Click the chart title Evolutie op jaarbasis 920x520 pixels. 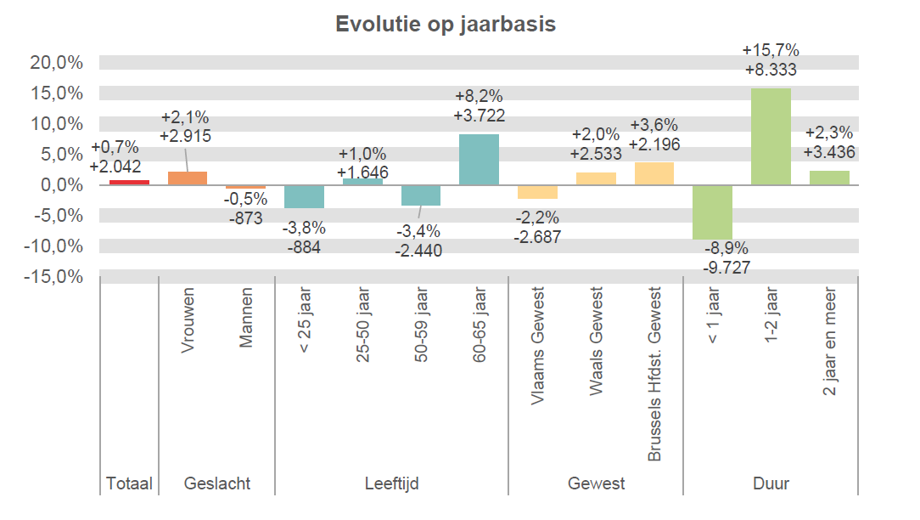tap(446, 24)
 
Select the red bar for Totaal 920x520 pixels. tap(129, 182)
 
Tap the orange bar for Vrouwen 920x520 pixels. tap(188, 178)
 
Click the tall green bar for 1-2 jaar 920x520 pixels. tap(771, 136)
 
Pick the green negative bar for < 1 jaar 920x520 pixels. tap(712, 212)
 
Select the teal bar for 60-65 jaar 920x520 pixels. tap(479, 160)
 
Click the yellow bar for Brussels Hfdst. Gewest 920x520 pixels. tap(654, 173)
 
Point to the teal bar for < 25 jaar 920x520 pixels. tap(304, 196)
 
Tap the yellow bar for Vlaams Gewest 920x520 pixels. tap(537, 191)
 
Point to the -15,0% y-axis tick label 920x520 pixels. tap(58, 277)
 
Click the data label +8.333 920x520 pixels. tap(771, 70)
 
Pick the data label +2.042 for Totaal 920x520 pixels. tap(115, 166)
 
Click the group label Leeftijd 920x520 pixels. tap(391, 483)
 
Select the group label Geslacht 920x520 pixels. tap(217, 483)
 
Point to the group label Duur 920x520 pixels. tap(771, 483)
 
